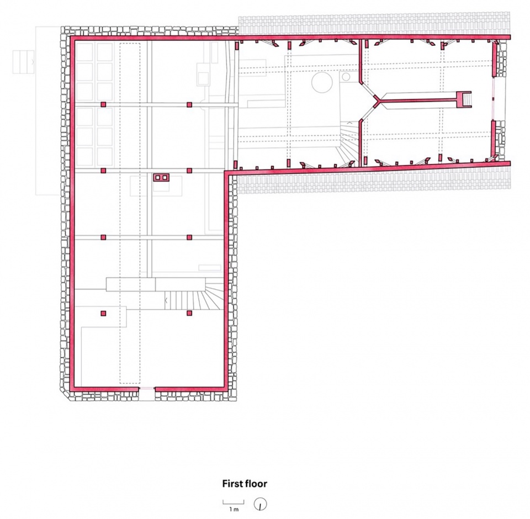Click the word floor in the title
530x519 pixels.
(x=256, y=484)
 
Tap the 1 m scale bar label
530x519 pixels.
(x=233, y=509)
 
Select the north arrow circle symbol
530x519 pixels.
(x=260, y=505)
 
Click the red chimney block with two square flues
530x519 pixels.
(x=161, y=177)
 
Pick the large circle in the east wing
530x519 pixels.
(x=322, y=82)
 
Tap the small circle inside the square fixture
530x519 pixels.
(x=346, y=77)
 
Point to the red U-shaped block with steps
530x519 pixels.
(x=463, y=99)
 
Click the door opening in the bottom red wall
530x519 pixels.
(x=147, y=389)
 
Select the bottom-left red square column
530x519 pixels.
(x=103, y=314)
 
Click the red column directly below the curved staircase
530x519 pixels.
(x=189, y=314)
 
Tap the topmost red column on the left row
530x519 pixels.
(x=103, y=104)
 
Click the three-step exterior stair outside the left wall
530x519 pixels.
(x=24, y=62)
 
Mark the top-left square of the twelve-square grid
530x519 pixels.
(x=84, y=52)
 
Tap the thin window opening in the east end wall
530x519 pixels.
(x=494, y=99)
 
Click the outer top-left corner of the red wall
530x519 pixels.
(x=70, y=35)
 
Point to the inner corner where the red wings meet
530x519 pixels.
(x=226, y=173)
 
